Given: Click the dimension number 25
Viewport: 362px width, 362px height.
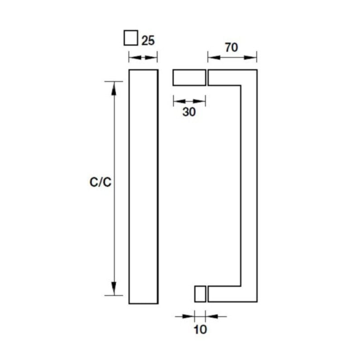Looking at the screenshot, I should tap(148, 40).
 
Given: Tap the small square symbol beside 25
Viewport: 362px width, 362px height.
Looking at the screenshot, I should tap(130, 38).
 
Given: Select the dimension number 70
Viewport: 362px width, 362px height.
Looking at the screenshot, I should tap(231, 47).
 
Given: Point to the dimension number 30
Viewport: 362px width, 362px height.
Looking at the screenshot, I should tap(189, 112).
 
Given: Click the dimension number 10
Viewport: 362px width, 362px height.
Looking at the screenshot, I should tap(200, 329).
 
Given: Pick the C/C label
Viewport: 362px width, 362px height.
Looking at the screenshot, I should tap(100, 182).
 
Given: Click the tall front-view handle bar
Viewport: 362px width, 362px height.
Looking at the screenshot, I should tap(143, 186).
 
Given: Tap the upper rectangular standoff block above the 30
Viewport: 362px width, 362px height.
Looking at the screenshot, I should tap(189, 77).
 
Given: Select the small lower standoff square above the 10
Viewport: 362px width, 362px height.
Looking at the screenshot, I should tap(200, 294).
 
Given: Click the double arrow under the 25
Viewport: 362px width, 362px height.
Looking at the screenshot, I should tap(143, 57).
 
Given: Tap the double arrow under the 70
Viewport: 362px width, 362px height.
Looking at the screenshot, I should tap(232, 57).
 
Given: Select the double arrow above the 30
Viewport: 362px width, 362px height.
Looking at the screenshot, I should tap(190, 101).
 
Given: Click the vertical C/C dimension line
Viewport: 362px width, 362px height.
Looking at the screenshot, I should tap(114, 136).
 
